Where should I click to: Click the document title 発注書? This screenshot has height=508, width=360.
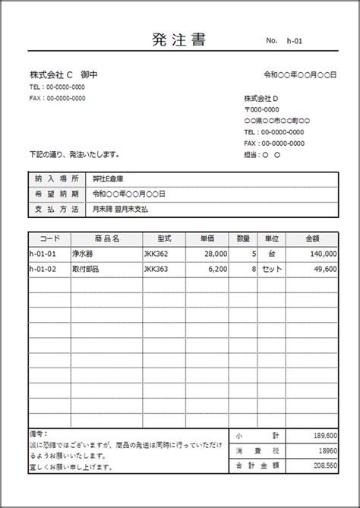pyautogui.click(x=179, y=40)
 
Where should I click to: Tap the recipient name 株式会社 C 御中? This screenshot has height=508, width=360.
pyautogui.click(x=64, y=75)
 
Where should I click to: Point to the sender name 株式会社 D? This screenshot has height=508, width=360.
pyautogui.click(x=261, y=99)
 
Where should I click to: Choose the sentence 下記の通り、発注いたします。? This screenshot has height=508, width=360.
pyautogui.click(x=74, y=153)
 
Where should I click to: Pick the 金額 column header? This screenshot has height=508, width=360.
pyautogui.click(x=312, y=238)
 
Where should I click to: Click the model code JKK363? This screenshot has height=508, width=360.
pyautogui.click(x=155, y=269)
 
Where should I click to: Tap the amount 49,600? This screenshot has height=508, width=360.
pyautogui.click(x=324, y=269)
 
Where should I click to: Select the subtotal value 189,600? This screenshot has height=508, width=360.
pyautogui.click(x=326, y=435)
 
